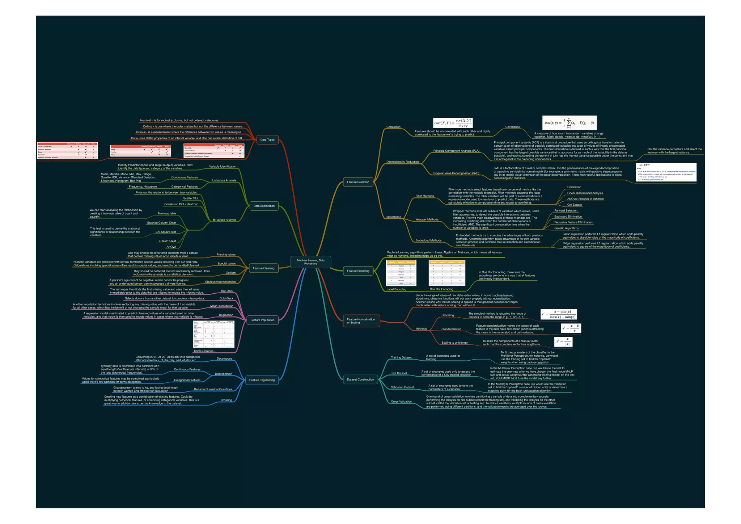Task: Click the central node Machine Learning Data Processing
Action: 311,262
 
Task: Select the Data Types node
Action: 267,140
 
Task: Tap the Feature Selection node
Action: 358,182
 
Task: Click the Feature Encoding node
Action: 358,271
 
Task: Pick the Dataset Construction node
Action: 360,380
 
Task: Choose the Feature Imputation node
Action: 262,320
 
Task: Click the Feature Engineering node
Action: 262,380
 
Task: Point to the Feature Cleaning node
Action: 263,268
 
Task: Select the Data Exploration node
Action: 264,206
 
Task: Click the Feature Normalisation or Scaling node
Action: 361,321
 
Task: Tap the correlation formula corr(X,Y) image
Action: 453,123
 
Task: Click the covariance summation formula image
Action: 569,123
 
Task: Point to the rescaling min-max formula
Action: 559,314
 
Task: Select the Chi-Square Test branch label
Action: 166,232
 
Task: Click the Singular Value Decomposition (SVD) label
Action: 456,173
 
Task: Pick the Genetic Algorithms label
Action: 566,229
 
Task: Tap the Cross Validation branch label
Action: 401,402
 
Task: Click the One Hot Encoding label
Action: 441,289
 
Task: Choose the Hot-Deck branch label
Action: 227,291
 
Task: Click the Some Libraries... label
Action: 204,351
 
